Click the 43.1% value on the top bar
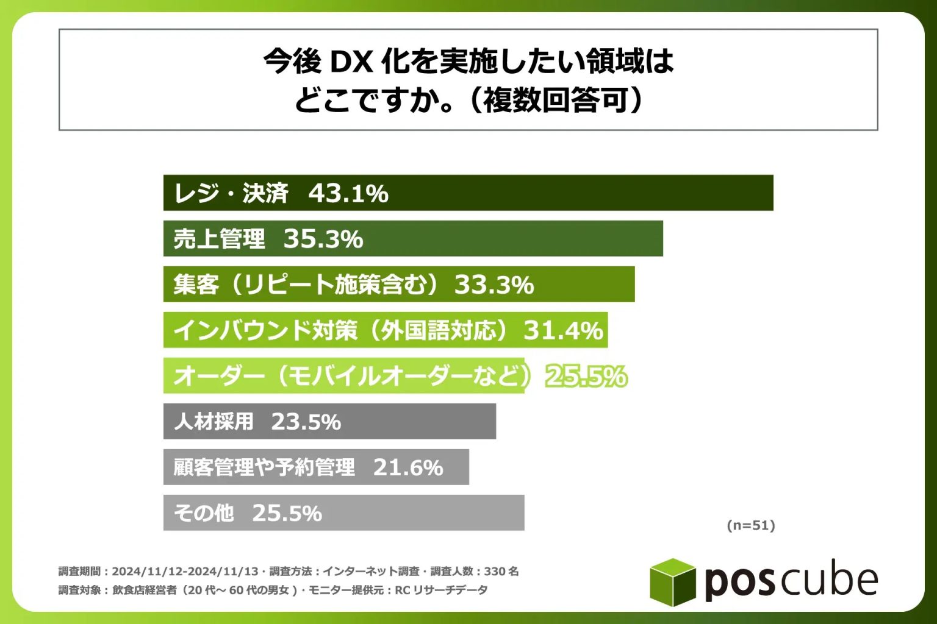pyautogui.click(x=348, y=194)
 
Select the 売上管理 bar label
pyautogui.click(x=219, y=239)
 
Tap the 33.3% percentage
pyautogui.click(x=494, y=285)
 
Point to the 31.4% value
pyautogui.click(x=563, y=330)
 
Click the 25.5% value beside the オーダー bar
pyautogui.click(x=586, y=377)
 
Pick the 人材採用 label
pyautogui.click(x=214, y=422)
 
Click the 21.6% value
pyautogui.click(x=408, y=467)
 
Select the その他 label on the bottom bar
pyautogui.click(x=204, y=513)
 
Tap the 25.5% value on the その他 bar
pyautogui.click(x=287, y=513)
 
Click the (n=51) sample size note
pyautogui.click(x=751, y=525)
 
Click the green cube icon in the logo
pyautogui.click(x=672, y=581)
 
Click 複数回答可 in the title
pyautogui.click(x=556, y=101)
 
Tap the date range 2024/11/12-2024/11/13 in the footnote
pyautogui.click(x=185, y=572)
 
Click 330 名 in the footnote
pyautogui.click(x=501, y=572)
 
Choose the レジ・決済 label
pyautogui.click(x=231, y=194)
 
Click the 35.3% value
pyautogui.click(x=323, y=239)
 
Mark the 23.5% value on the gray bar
pyautogui.click(x=306, y=422)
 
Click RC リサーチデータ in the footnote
pyautogui.click(x=441, y=590)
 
